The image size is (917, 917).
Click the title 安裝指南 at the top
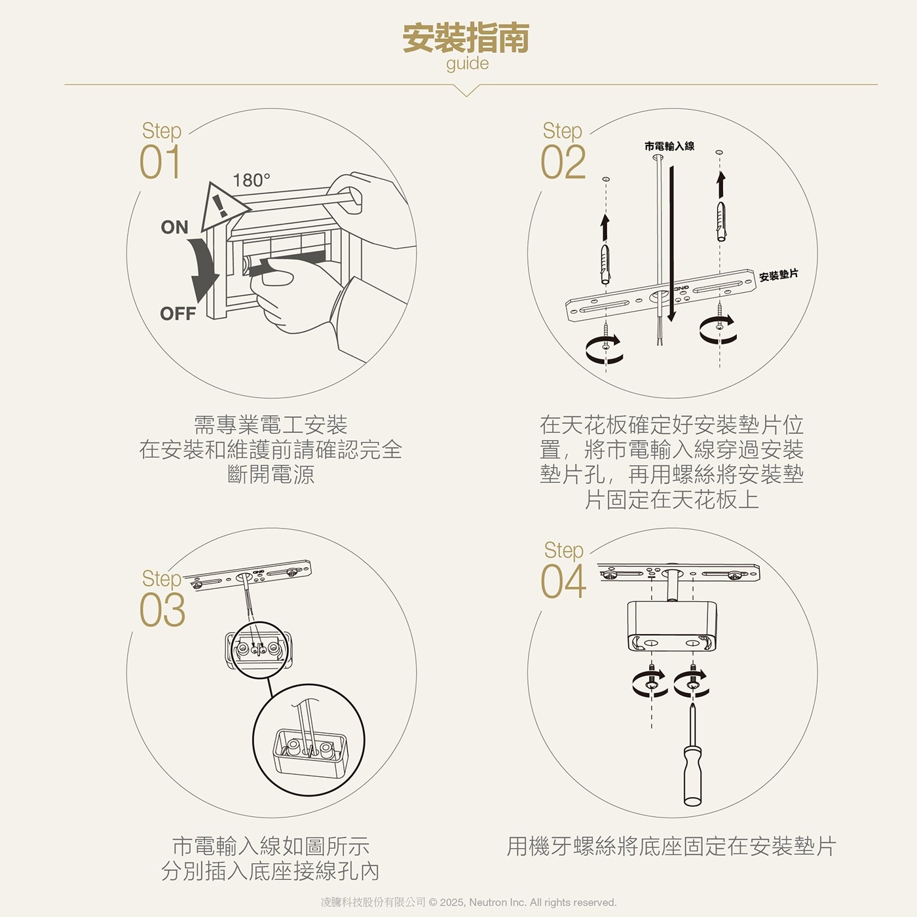(x=466, y=38)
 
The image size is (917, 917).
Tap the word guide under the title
(x=467, y=64)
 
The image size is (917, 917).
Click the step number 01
(x=160, y=162)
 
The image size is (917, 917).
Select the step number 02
(x=563, y=162)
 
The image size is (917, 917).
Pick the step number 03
(x=162, y=610)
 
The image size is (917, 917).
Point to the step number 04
(x=563, y=582)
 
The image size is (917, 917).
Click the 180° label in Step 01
(x=251, y=180)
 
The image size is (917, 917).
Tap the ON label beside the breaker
(x=174, y=227)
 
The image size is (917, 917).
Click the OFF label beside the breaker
(x=178, y=314)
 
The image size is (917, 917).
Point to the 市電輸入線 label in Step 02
(x=669, y=146)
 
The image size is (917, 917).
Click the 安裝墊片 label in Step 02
(x=778, y=275)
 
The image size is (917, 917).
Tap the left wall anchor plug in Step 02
(x=605, y=263)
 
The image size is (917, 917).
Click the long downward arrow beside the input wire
(x=671, y=242)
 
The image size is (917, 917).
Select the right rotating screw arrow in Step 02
(x=718, y=329)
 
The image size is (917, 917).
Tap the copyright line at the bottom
(x=468, y=902)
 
